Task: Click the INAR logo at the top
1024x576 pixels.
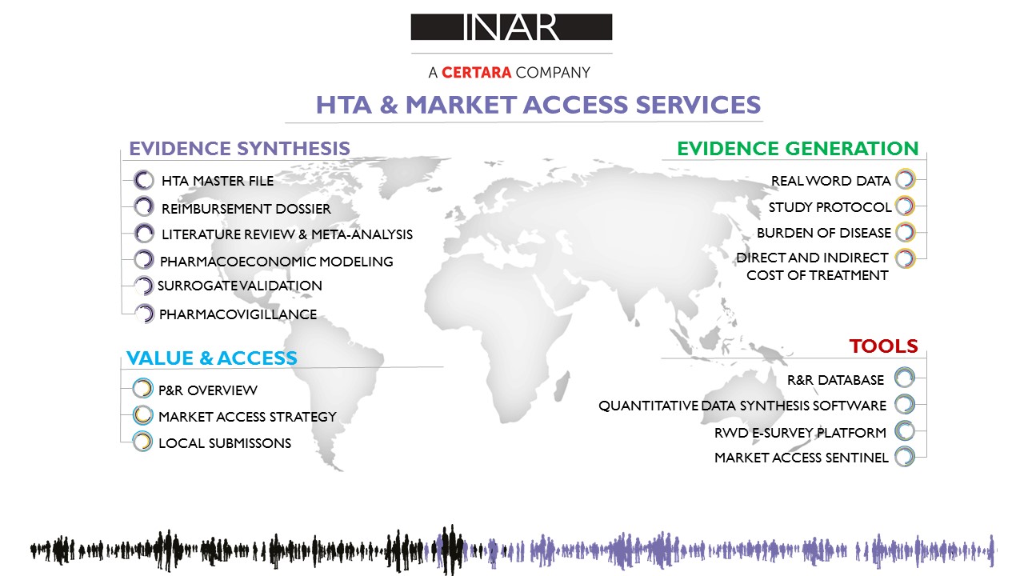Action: pos(511,27)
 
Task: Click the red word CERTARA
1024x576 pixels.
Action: pos(476,73)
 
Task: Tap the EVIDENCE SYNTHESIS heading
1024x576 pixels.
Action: pos(239,149)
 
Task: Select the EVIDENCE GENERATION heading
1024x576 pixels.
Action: pos(798,149)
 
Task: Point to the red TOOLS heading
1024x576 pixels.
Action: pos(883,346)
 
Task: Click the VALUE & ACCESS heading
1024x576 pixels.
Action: pos(212,358)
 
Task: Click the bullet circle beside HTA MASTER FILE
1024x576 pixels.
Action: pos(143,180)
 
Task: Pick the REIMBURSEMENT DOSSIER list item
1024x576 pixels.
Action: pos(246,209)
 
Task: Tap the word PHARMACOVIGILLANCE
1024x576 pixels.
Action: pos(238,314)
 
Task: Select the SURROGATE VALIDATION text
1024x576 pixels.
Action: pos(239,286)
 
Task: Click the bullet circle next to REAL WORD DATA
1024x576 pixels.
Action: pos(905,179)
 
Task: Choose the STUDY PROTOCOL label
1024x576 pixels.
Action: pos(830,207)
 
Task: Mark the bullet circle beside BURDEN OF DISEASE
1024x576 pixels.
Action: pos(905,232)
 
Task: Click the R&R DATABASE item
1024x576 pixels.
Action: pos(835,380)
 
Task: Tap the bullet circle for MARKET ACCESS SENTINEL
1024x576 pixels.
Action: pos(905,457)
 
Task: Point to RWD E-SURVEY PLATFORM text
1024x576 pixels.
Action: pos(800,433)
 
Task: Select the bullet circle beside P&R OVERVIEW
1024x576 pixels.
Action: pos(142,389)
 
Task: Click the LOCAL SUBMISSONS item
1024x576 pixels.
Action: pos(225,443)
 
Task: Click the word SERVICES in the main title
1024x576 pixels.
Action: pos(698,105)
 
